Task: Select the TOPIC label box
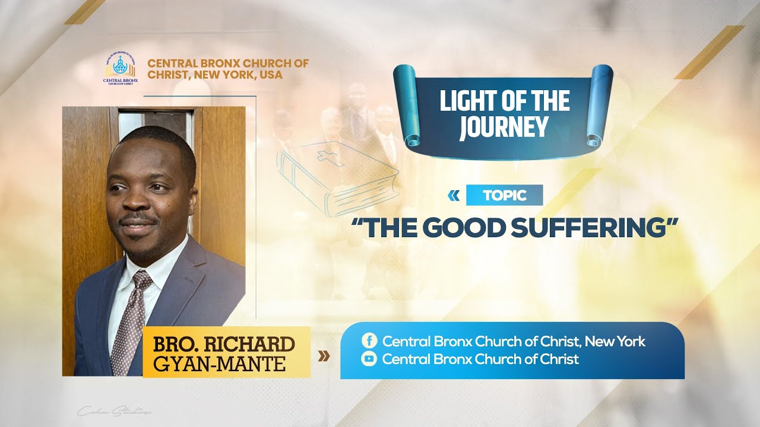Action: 504,195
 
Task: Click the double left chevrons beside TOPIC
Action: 454,195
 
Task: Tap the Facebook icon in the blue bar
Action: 369,341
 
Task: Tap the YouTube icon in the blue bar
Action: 369,359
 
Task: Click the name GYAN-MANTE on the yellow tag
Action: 219,362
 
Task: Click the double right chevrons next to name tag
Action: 324,356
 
